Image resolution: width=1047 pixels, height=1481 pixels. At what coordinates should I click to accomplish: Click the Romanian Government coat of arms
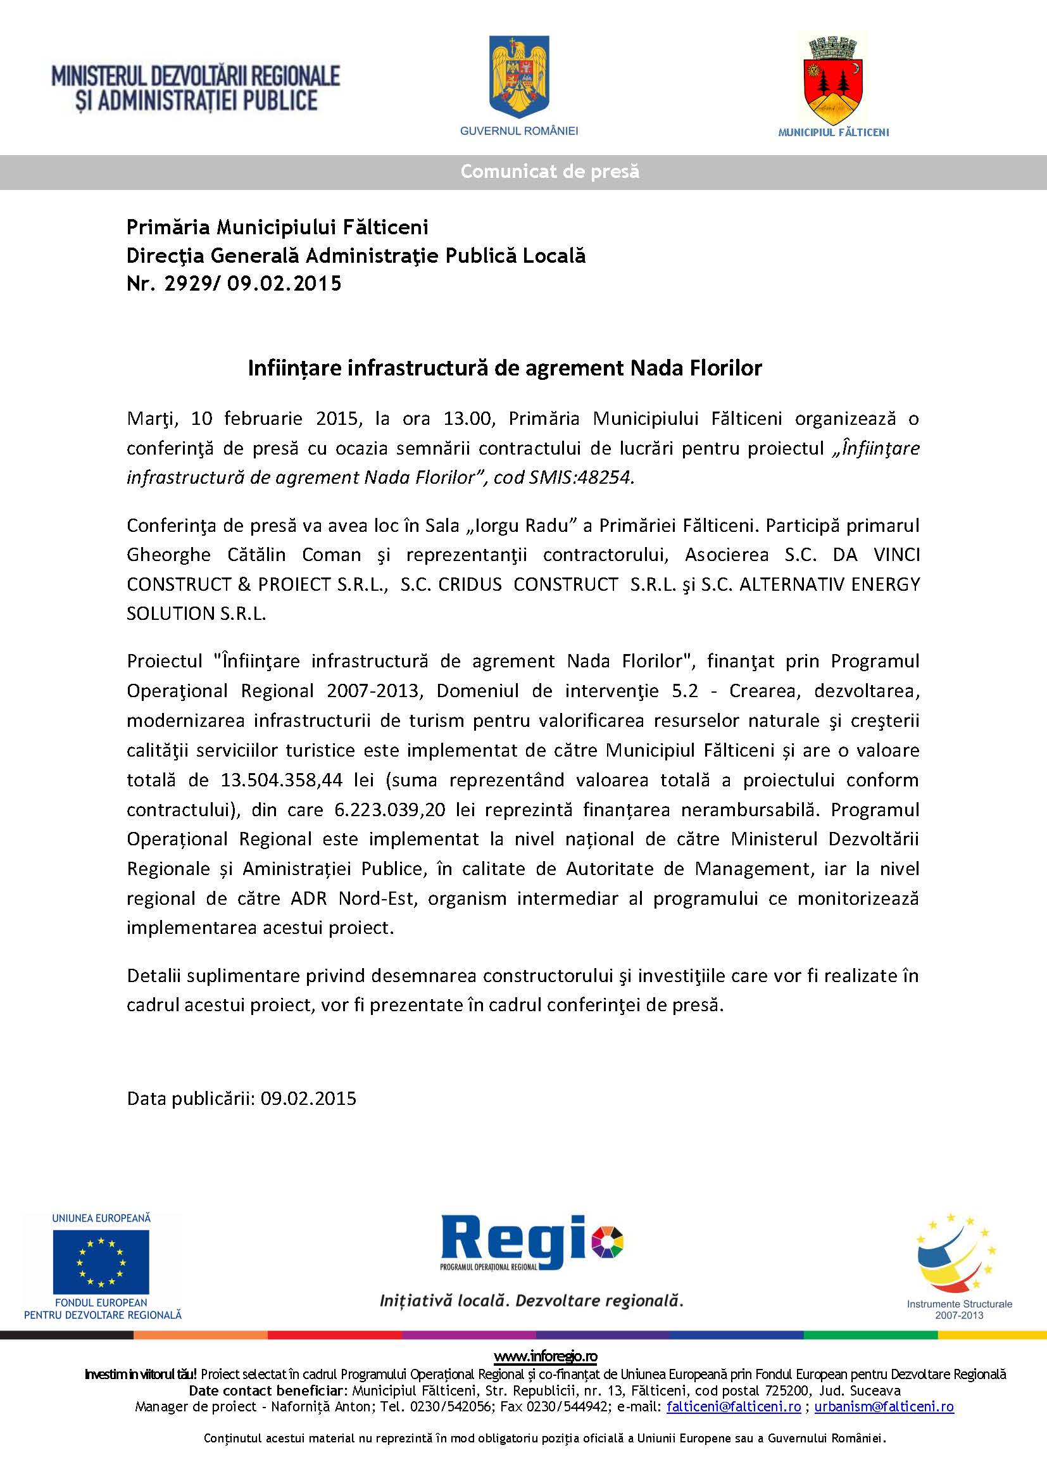[x=519, y=77]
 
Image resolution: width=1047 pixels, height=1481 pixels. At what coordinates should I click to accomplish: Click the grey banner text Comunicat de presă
[x=549, y=172]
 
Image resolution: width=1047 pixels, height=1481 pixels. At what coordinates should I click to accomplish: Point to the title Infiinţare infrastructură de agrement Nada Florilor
[x=505, y=369]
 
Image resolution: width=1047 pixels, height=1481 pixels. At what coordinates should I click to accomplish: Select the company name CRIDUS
[x=469, y=584]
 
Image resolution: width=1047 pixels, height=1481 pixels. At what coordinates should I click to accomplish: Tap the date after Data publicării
[x=308, y=1099]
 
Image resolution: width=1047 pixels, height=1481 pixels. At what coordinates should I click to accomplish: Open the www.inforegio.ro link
[x=546, y=1356]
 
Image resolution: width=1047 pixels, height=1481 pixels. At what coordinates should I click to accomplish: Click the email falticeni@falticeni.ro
[x=734, y=1407]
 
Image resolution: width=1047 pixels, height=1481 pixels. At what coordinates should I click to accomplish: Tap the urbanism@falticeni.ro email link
[x=884, y=1407]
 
